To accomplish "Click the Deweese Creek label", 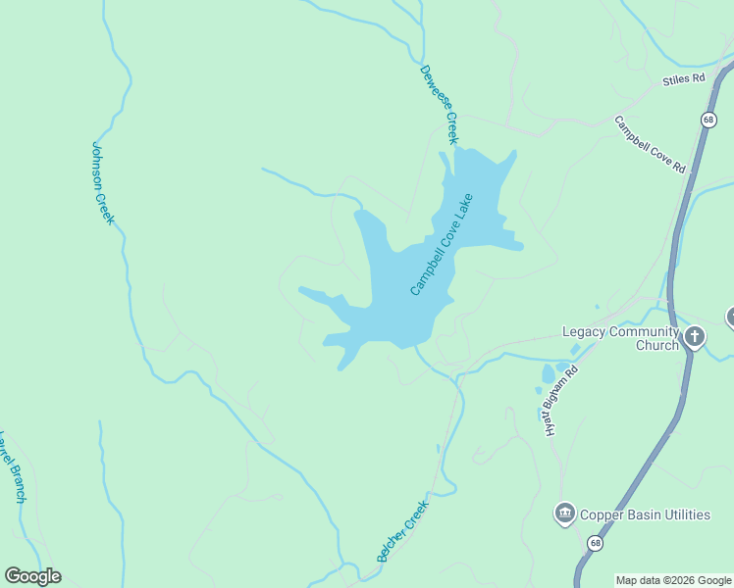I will pos(439,104).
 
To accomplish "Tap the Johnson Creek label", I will pos(103,182).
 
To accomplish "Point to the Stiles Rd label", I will pos(684,78).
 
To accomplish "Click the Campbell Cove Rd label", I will pos(650,145).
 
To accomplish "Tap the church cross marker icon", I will pos(695,338).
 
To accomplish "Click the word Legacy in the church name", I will pos(585,331).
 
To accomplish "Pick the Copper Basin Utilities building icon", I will pos(564,514).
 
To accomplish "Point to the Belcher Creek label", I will pos(403,531).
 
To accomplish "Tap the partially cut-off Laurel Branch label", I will pos(12,465).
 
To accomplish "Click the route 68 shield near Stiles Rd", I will pos(708,119).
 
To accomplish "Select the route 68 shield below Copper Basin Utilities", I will pos(595,542).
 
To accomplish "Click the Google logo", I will pos(32,576).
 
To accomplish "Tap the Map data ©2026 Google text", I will pos(673,580).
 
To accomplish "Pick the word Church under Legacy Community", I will pos(656,345).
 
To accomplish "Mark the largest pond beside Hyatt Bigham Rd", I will pos(547,374).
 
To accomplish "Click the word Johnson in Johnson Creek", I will pos(99,163).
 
